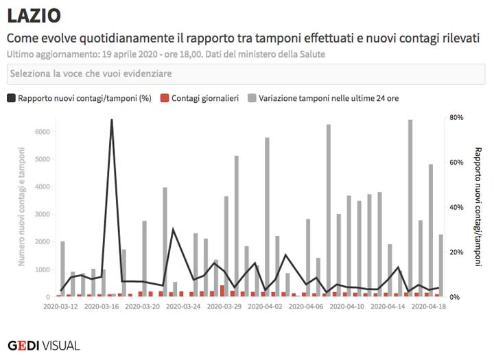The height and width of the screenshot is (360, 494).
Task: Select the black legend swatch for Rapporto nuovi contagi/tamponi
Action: point(12,98)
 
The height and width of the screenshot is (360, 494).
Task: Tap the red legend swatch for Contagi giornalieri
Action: point(164,98)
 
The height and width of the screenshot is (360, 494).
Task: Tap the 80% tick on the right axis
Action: point(456,117)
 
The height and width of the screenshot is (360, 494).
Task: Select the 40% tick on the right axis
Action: point(456,207)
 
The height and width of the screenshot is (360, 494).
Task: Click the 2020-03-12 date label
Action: point(62,307)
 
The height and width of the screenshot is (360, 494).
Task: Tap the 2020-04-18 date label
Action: point(427,307)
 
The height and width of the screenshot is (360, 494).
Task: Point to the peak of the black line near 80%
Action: point(111,119)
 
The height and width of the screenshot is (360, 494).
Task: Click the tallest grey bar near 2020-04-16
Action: point(410,206)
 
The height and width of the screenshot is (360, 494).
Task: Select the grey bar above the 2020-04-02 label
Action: point(267,216)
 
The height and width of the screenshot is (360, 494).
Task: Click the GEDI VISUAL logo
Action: point(44,345)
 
